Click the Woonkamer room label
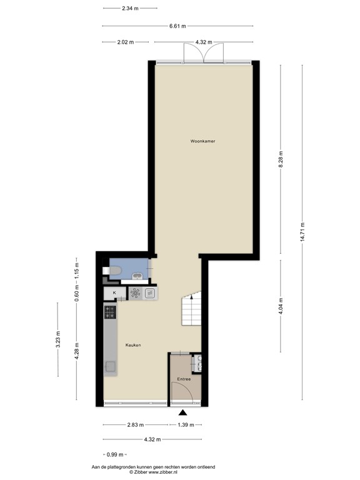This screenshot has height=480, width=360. (x=203, y=142)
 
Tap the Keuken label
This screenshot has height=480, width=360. (x=133, y=344)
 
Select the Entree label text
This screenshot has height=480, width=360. (x=184, y=379)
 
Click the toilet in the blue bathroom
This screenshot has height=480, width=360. (x=115, y=270)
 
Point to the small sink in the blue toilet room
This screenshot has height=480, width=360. (x=137, y=276)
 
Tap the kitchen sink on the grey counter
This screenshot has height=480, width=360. (x=110, y=367)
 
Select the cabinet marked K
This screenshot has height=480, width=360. (x=114, y=292)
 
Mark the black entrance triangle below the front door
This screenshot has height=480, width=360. (x=182, y=412)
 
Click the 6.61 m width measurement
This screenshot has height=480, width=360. (x=178, y=26)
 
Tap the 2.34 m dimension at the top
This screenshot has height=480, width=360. (x=130, y=8)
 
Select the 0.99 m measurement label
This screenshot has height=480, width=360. (x=114, y=454)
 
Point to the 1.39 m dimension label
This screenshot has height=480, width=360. (x=185, y=425)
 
